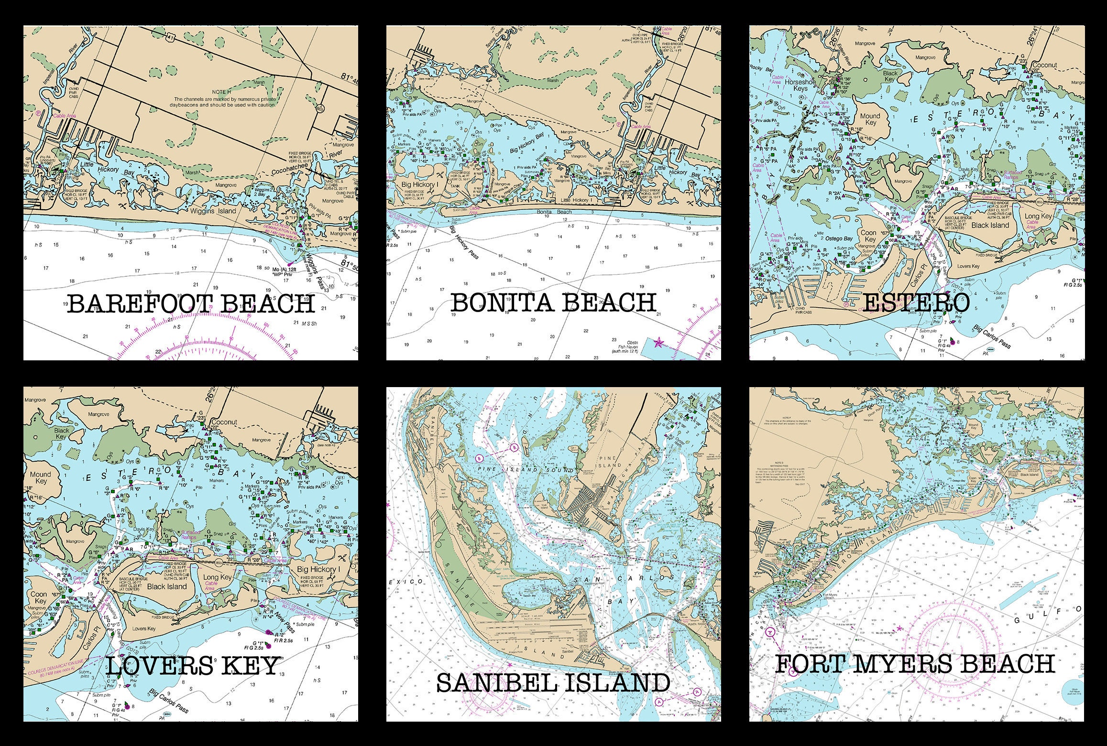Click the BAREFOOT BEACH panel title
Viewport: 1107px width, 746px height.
pos(190,304)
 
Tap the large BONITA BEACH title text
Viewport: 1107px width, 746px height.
pos(553,303)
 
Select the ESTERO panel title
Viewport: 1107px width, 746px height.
pos(916,303)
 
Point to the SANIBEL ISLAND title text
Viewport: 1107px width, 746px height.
pos(553,682)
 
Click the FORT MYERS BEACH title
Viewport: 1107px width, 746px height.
pos(914,664)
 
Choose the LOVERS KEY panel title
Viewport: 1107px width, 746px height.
pos(192,666)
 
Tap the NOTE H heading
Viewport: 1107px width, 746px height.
pos(220,92)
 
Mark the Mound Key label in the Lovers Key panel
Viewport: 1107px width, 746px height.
pos(41,478)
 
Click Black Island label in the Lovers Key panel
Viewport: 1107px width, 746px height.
pos(166,586)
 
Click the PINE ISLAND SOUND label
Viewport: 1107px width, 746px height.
pos(526,470)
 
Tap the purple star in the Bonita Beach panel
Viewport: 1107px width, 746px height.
pos(658,342)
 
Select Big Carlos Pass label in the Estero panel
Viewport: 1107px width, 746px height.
pos(992,337)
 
